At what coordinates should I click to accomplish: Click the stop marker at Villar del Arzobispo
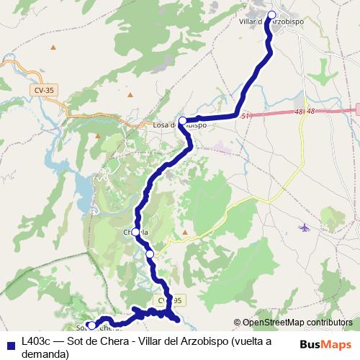coord(272,15)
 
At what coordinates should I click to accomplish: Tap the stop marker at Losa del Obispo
coord(183,121)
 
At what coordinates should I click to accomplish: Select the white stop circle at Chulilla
coord(136,231)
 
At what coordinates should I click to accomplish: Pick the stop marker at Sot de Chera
coord(91,325)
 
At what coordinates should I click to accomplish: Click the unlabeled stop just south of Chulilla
coord(150,253)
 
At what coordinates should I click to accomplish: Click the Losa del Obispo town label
coord(180,125)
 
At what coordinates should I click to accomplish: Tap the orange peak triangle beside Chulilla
coord(184,232)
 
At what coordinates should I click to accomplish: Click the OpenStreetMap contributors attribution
coord(297,323)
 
